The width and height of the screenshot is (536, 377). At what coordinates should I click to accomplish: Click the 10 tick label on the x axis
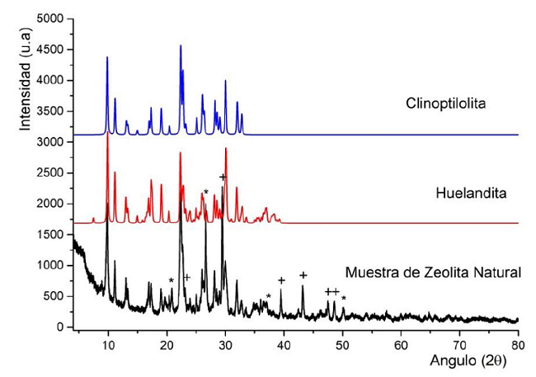[x=107, y=342]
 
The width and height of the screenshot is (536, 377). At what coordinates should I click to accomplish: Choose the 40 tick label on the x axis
[x=284, y=342]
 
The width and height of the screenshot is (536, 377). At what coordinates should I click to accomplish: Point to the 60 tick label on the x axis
[x=401, y=342]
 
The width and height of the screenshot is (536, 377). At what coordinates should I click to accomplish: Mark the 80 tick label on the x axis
[x=518, y=342]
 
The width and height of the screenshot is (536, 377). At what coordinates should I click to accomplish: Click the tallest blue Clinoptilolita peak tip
[x=181, y=46]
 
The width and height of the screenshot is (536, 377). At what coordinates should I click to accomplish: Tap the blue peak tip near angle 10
[x=107, y=57]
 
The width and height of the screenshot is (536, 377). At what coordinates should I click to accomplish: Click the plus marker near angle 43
[x=303, y=276]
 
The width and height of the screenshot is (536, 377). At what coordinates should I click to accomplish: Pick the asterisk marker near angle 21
[x=171, y=281]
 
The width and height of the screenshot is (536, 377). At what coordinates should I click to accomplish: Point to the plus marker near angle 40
[x=281, y=280]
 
